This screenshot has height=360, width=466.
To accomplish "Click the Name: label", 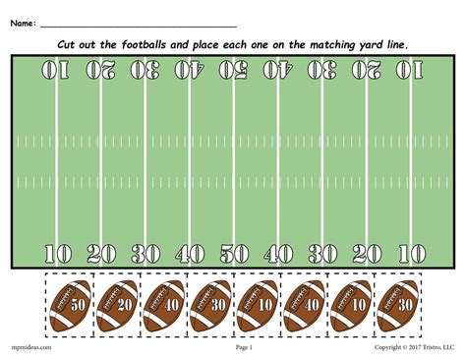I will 24,21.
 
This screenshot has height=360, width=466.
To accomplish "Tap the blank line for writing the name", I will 138,24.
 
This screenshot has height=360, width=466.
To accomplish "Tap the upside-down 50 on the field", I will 234,70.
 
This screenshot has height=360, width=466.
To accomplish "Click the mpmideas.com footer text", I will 32,347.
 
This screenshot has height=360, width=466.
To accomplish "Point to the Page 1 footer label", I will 244,347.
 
